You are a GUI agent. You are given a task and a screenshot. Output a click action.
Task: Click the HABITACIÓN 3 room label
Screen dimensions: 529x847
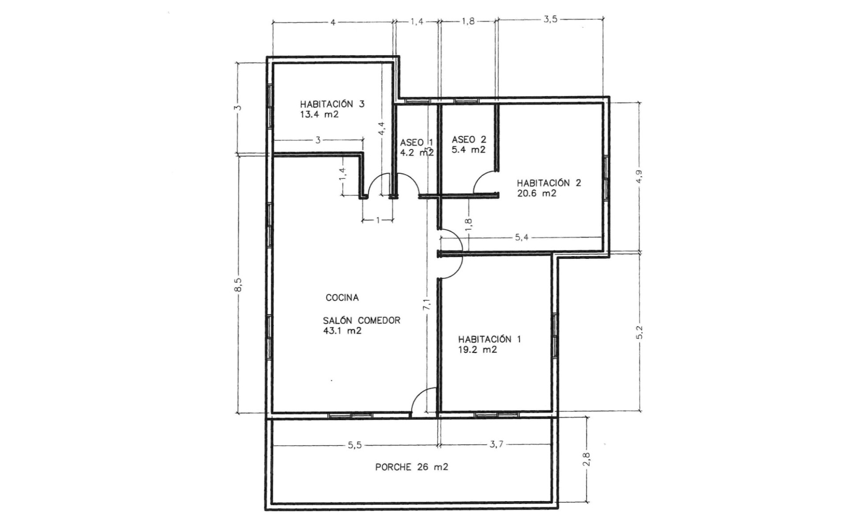tap(332, 104)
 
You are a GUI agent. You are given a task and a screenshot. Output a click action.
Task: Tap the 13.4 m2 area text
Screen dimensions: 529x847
tap(319, 115)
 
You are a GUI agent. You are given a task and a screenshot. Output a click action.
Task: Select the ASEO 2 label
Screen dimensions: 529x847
tap(468, 140)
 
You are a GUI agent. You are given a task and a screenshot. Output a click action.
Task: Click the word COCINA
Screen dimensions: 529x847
tap(342, 298)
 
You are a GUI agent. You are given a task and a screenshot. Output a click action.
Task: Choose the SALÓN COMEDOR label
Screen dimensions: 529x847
tap(362, 321)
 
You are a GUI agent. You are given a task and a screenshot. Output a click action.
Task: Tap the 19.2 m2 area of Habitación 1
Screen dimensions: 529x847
tap(477, 350)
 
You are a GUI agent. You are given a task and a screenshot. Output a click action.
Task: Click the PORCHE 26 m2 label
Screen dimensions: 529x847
tap(411, 467)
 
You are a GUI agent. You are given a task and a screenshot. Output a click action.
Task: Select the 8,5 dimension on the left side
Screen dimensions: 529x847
tap(238, 284)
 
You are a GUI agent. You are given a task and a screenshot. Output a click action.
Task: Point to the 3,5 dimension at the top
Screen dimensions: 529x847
tap(550, 20)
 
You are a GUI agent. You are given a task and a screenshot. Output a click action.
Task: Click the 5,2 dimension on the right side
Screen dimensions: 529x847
tap(640, 332)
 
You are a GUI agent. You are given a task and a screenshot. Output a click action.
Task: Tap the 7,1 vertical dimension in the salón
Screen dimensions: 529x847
tap(427, 304)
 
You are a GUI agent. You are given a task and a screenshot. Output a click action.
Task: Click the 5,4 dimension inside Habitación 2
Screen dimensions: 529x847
tap(521, 238)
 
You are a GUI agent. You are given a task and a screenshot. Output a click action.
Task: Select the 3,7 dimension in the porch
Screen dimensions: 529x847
tap(496, 445)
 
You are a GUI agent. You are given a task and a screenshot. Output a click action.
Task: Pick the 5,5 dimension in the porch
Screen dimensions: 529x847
tap(355, 445)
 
